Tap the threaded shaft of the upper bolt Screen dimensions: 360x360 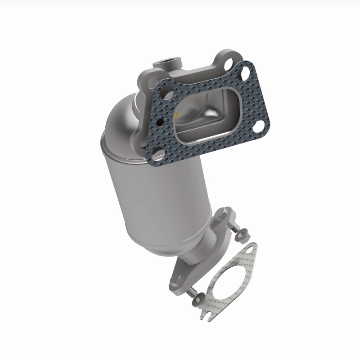tap(234, 228)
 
